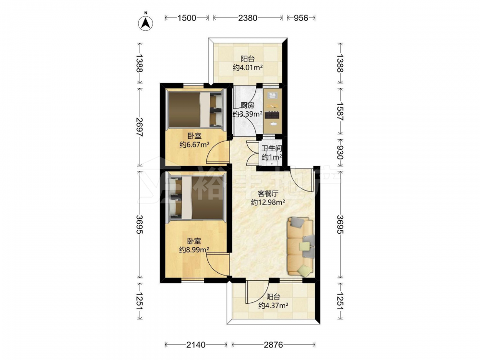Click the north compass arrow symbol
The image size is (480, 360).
click(146, 23)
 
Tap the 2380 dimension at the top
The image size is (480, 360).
click(248, 18)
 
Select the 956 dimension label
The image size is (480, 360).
click(301, 18)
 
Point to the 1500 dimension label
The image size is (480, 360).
click(187, 18)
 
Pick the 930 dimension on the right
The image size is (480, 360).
click(340, 153)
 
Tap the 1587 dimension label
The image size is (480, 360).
click(340, 111)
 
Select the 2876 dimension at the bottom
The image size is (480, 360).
click(274, 345)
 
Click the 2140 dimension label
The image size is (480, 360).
click(196, 345)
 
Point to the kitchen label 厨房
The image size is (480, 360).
click(247, 106)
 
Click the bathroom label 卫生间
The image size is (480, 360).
click(272, 149)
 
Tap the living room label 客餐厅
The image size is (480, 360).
click(268, 194)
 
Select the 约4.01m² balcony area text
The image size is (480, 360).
click(248, 67)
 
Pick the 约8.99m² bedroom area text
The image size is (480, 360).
click(194, 250)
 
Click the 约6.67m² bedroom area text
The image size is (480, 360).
click(194, 144)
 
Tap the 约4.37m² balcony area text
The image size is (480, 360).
click(273, 305)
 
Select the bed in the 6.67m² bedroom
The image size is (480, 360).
click(196, 109)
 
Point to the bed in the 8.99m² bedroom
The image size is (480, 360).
click(196, 197)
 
